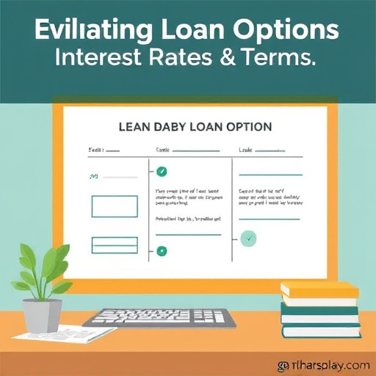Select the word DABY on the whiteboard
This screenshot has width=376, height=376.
(173, 127)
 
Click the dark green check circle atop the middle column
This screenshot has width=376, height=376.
(162, 172)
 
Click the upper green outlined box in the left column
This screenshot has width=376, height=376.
(114, 206)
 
